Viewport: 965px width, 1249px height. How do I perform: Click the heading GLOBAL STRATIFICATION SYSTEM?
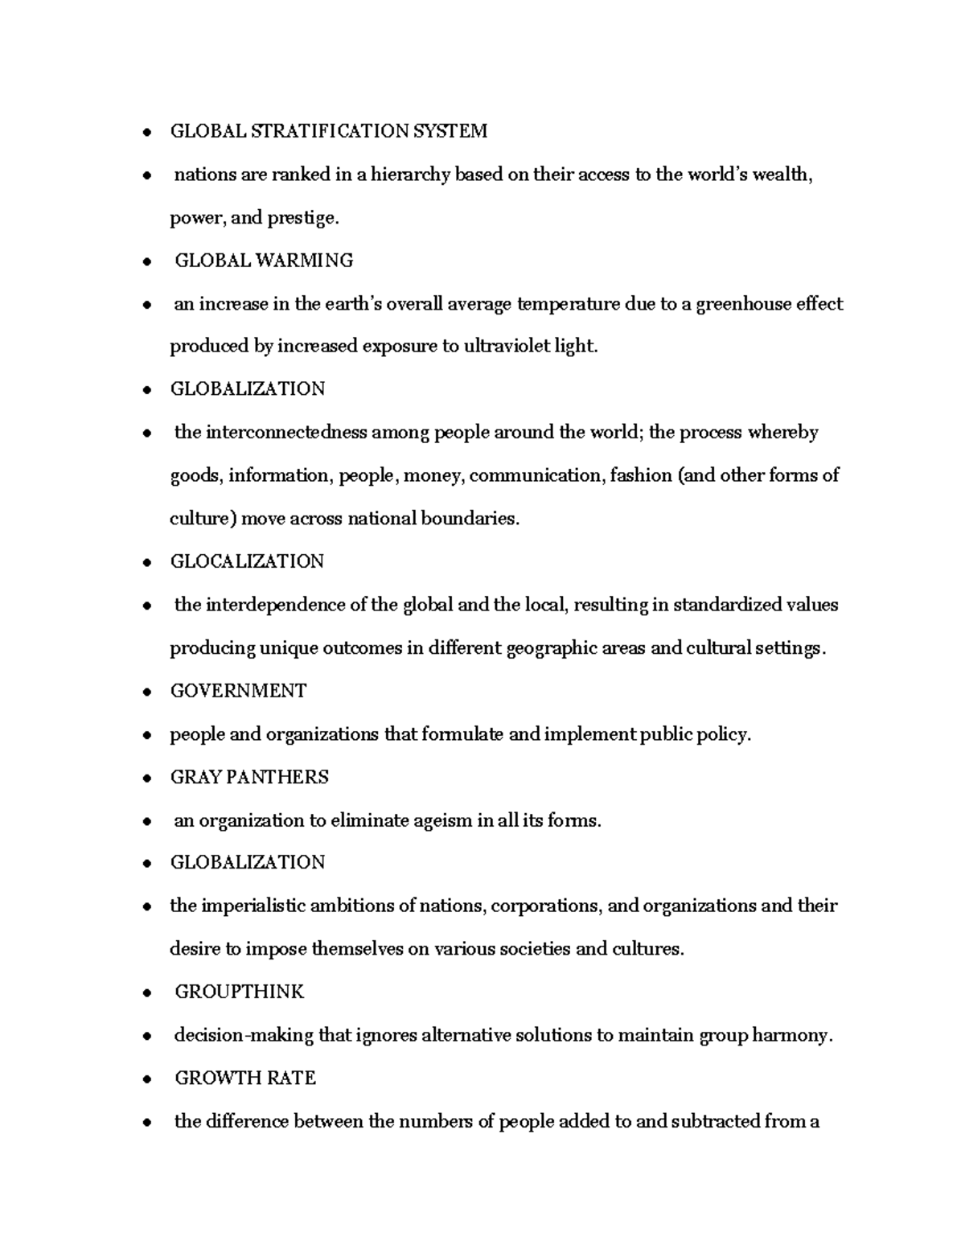[x=328, y=131]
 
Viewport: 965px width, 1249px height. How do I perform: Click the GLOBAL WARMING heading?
[x=264, y=261]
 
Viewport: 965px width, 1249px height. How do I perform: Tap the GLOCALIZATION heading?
[x=247, y=561]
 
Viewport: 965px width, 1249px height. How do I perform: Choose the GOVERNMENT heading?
[x=238, y=691]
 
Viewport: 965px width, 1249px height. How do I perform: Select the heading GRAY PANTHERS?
[x=249, y=777]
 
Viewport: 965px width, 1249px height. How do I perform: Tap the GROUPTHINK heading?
[x=239, y=992]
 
